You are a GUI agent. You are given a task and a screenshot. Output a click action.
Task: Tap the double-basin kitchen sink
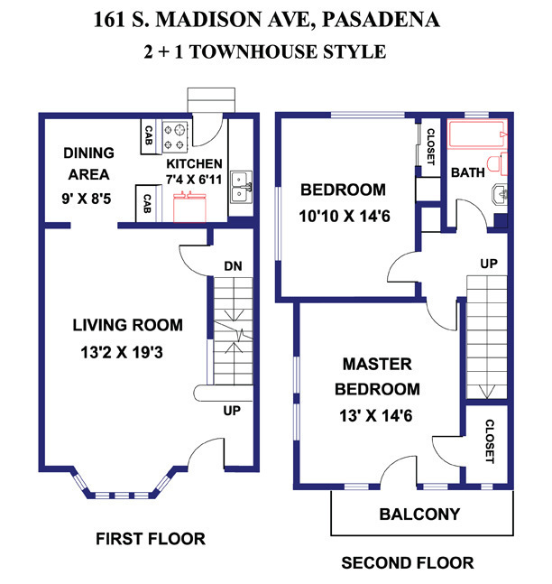pos(241,187)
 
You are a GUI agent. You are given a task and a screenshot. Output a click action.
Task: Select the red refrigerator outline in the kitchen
pos(189,207)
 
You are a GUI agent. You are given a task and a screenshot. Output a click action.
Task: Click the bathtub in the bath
pos(477,134)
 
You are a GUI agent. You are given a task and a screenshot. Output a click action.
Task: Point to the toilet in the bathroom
pos(497,164)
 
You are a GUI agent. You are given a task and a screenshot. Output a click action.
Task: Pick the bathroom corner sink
pos(500,194)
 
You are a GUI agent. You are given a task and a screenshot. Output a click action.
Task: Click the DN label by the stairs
pos(233,266)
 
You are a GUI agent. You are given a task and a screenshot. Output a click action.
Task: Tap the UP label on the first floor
pos(232,411)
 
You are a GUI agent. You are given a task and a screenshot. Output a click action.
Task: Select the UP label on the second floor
pos(489,264)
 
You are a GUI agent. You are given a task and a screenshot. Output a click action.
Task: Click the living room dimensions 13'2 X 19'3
pos(122,352)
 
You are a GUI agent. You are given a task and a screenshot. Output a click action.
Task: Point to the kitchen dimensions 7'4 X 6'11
pos(194,180)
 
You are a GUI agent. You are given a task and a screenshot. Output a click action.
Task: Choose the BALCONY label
pos(419,514)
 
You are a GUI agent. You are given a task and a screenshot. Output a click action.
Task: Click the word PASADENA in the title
pos(381,19)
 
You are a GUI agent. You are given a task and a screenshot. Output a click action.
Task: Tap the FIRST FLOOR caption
pos(151,539)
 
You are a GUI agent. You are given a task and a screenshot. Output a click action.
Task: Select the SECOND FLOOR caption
pos(408,562)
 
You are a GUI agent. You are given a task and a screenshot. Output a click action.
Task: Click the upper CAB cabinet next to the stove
pos(148,136)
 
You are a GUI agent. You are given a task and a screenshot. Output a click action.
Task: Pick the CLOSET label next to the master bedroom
pos(490,441)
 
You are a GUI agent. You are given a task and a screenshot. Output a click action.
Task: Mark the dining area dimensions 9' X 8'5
pos(87,199)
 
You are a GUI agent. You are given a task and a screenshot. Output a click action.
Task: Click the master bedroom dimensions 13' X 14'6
pos(376,415)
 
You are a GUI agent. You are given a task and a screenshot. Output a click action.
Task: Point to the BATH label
pos(468,172)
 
